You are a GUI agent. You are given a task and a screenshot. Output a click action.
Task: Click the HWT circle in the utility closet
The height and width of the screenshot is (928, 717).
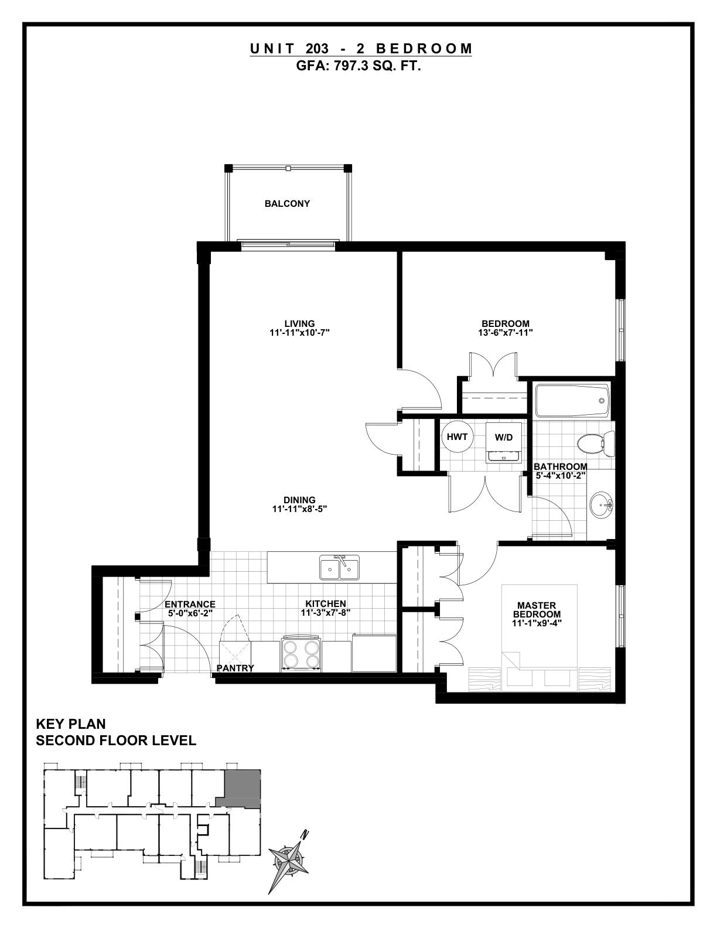[x=457, y=436]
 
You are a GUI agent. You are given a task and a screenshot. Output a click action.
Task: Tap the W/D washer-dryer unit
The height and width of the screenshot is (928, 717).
[x=503, y=442]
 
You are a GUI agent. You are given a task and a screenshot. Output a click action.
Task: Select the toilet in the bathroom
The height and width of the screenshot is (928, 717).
[x=595, y=443]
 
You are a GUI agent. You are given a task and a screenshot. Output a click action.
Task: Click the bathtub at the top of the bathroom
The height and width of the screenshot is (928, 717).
[x=573, y=401]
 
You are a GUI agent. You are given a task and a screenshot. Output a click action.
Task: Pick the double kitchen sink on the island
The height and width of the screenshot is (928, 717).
[x=340, y=568]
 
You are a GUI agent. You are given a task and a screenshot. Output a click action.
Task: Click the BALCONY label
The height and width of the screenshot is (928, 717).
[x=287, y=204]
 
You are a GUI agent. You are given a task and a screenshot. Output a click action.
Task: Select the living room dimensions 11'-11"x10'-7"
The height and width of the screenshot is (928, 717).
[x=299, y=333]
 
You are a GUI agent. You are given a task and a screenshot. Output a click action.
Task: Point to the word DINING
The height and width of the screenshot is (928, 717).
[x=299, y=500]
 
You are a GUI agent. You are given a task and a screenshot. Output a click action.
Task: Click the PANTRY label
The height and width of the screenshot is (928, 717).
[x=235, y=668]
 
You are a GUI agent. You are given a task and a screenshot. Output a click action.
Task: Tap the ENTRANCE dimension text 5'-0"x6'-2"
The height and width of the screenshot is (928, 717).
[x=190, y=613]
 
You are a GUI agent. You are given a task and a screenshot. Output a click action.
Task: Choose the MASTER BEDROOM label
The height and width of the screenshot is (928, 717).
[x=537, y=609]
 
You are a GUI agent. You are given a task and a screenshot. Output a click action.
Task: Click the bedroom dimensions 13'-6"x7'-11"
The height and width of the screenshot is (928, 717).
[x=505, y=332]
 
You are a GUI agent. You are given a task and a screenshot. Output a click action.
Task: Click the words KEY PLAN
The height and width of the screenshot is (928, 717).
[x=71, y=724]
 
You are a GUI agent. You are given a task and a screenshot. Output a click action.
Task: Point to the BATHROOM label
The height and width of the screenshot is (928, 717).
[x=560, y=467]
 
